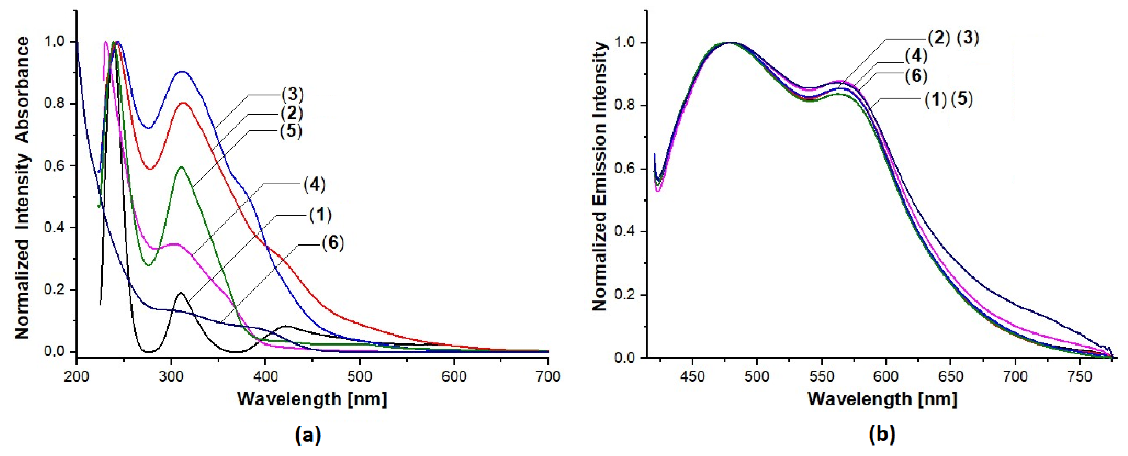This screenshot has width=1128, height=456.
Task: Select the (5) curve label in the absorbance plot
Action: coord(291,131)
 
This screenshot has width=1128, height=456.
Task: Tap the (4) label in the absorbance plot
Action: coord(315,185)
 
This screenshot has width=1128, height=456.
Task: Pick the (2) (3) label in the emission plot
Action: coord(953,39)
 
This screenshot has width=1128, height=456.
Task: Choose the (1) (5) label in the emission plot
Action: coord(949,100)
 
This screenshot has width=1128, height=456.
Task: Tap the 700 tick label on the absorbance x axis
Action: coord(548,376)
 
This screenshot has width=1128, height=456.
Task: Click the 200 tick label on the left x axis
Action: coord(77,376)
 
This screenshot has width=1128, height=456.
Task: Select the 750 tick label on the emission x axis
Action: coord(1080,376)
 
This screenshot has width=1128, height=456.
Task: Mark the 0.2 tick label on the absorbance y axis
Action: coord(55,290)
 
